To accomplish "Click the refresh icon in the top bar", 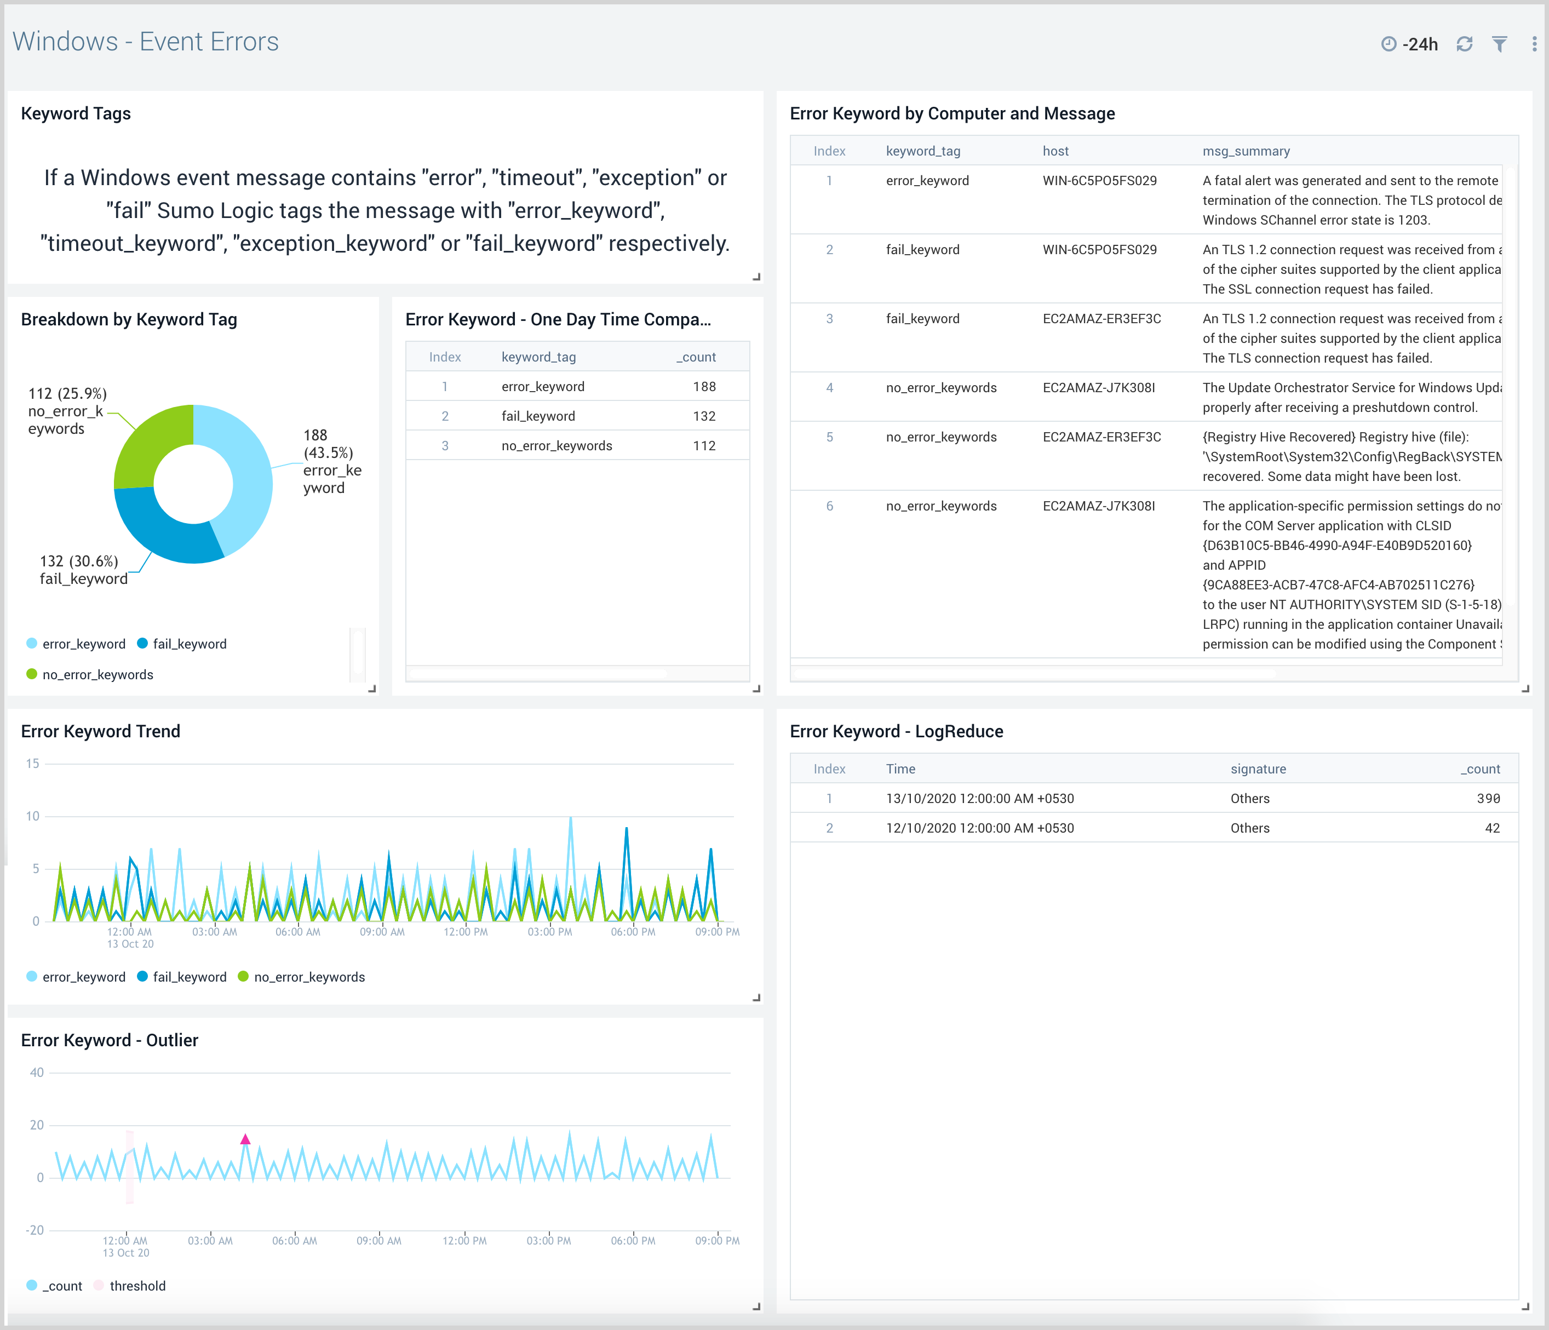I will [1464, 44].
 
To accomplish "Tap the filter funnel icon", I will [1499, 44].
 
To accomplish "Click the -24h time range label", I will [1419, 44].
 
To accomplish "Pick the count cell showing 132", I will [703, 416].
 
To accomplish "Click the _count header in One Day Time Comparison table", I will [696, 357].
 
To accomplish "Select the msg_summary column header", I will [1246, 151].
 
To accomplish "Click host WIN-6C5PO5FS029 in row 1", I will [1099, 181].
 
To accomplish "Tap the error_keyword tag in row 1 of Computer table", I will [927, 181].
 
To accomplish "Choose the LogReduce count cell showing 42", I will [1491, 828].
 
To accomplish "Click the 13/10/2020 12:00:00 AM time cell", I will [979, 799].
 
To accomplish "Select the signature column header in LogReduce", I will [1258, 769].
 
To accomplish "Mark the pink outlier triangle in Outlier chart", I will [245, 1139].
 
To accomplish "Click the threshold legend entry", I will [137, 1286].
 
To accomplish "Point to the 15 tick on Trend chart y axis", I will [33, 763].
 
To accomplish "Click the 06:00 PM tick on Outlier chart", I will [633, 1240].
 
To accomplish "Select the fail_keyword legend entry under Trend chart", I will [188, 977].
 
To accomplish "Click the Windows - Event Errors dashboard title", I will [146, 42].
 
